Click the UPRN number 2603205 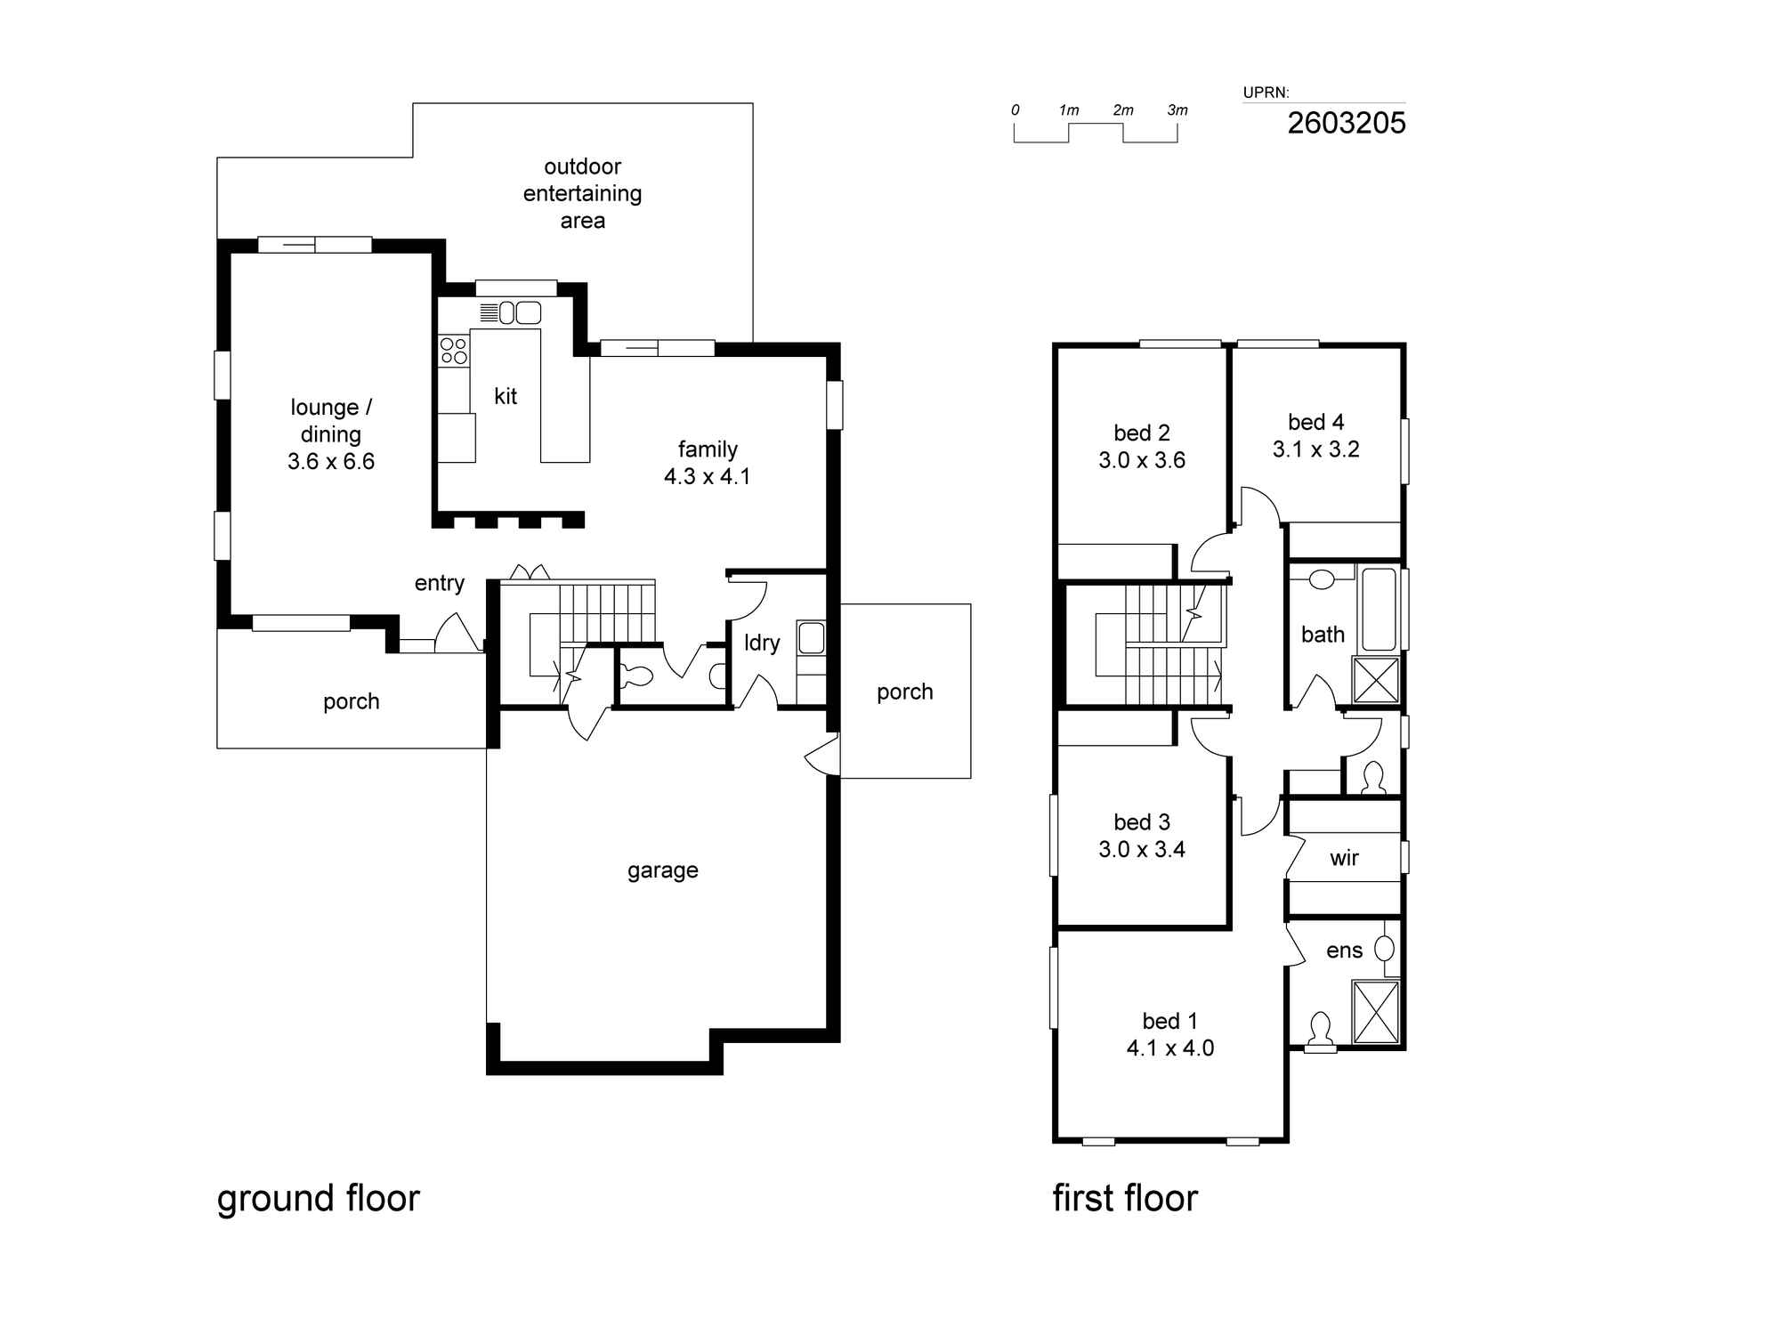(1347, 123)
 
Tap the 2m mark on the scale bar (1123, 110)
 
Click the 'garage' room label (663, 870)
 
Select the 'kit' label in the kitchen (506, 396)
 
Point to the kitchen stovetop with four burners (454, 351)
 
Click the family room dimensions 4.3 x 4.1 (708, 477)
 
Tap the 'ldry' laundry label (762, 643)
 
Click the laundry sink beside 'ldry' (811, 637)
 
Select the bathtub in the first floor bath (1379, 610)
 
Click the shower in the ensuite (1376, 1012)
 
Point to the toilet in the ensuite (1320, 1032)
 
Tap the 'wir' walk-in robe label (1344, 858)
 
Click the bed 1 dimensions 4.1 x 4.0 (1170, 1048)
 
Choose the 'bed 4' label (1316, 422)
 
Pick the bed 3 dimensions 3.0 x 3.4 (1142, 850)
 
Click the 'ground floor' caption (319, 1199)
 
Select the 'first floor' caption (1125, 1198)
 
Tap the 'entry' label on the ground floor (440, 583)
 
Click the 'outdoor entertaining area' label (583, 193)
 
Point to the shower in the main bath (1376, 680)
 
